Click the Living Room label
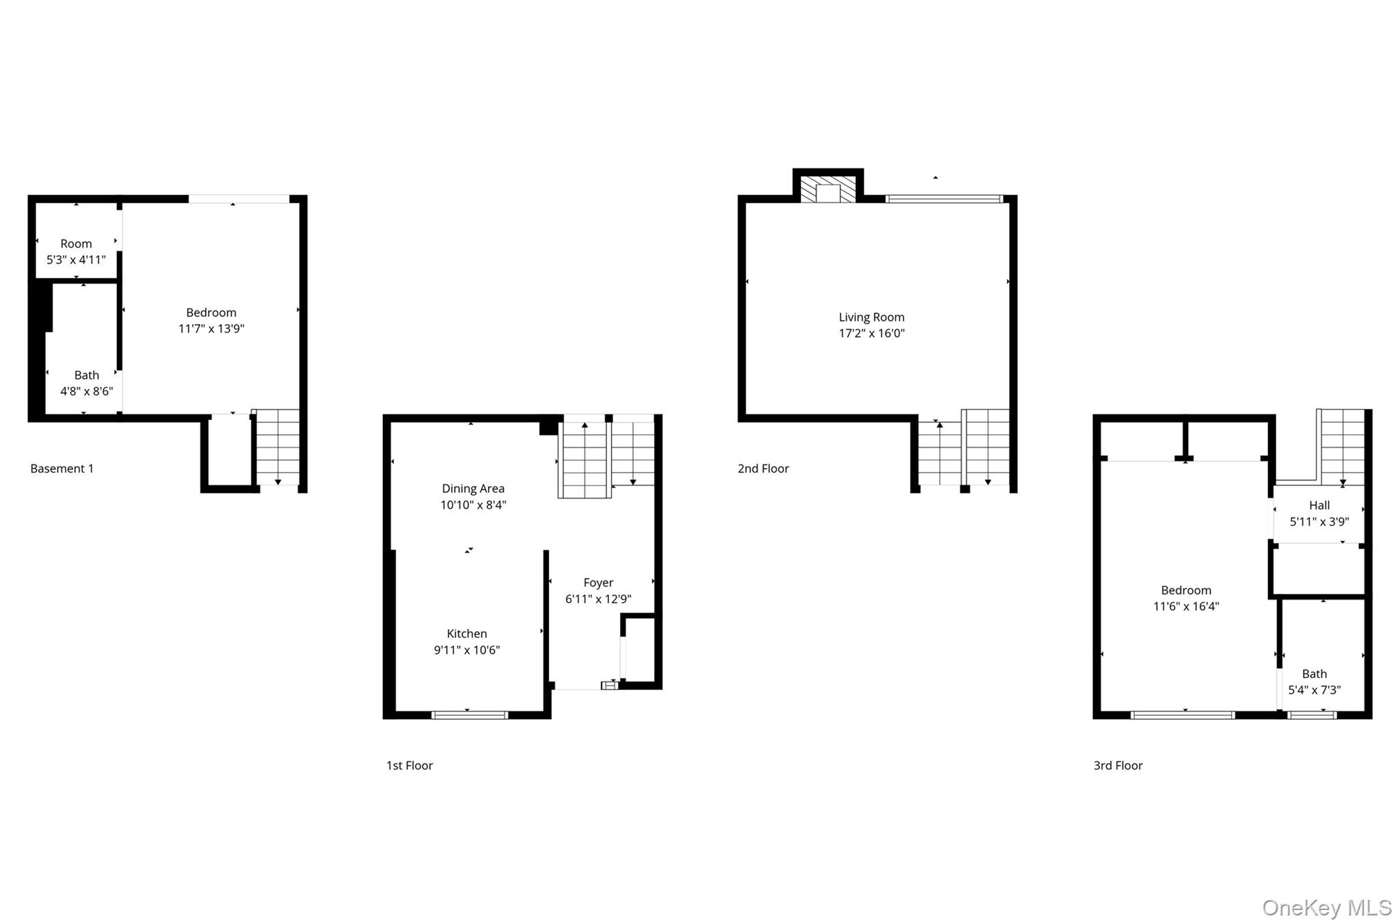871,317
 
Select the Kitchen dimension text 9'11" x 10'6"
467,650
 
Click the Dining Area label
473,489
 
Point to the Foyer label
598,583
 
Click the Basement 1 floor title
62,468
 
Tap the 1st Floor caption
409,765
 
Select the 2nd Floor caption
763,468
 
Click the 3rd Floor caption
1118,765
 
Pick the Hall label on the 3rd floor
1319,505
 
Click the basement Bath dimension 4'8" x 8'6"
87,391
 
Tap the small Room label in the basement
76,244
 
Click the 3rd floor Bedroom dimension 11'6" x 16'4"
1186,606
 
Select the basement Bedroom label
211,312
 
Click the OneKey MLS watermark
1326,907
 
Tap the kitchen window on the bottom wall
470,715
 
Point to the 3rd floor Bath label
1314,673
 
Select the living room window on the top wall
944,199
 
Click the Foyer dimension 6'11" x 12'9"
598,599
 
